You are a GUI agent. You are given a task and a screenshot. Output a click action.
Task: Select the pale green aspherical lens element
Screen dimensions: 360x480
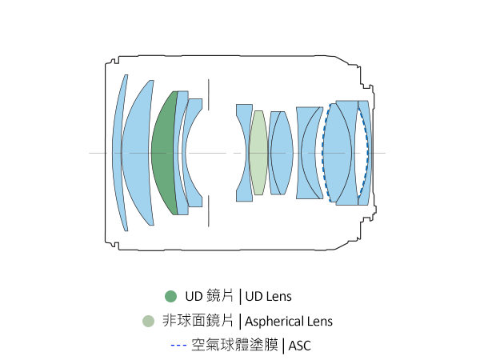258,152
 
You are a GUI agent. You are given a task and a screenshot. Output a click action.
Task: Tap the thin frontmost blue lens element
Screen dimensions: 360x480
119,152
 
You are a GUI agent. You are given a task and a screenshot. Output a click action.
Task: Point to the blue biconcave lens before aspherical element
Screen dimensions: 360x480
242,152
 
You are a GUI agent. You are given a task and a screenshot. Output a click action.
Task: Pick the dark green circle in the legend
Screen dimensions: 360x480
170,296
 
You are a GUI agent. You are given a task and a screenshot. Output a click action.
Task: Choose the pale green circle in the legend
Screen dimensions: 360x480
147,322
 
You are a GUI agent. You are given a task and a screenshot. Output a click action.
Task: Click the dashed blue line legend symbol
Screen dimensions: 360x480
178,346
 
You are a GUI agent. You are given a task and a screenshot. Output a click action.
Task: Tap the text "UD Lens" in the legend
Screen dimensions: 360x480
269,296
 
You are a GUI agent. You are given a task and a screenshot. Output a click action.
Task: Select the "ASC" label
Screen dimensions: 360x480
299,346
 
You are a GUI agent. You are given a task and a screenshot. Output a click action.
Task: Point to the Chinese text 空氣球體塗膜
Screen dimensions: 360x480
235,346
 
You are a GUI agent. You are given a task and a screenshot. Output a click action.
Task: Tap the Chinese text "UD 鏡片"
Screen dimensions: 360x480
210,296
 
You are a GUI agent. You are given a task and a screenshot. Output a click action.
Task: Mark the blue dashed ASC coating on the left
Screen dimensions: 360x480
322,152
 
